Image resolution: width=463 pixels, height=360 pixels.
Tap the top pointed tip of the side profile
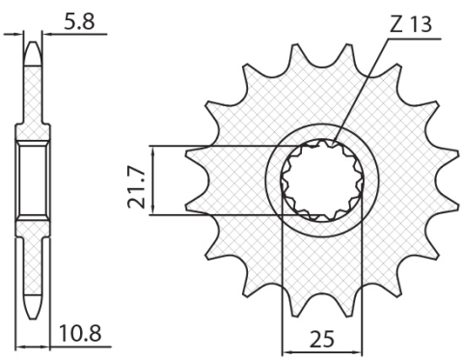[x=33, y=44]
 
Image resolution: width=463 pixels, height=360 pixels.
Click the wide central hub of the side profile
[x=33, y=180]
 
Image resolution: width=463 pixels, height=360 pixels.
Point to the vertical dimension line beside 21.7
[x=154, y=180]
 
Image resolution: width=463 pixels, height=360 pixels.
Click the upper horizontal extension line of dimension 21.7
[x=222, y=146]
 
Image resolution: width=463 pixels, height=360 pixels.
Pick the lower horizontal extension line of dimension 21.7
[x=222, y=214]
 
